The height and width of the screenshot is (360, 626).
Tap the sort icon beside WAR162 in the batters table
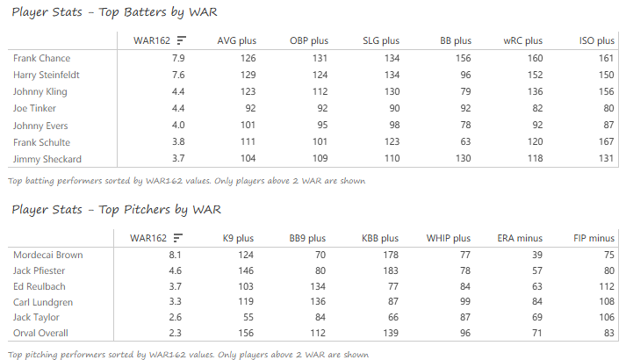pyautogui.click(x=181, y=40)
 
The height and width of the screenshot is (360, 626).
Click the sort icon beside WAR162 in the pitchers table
pyautogui.click(x=178, y=238)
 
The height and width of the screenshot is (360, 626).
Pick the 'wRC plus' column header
pyautogui.click(x=522, y=40)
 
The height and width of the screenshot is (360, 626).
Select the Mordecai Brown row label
pyautogui.click(x=48, y=255)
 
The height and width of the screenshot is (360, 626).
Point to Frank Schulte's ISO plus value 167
pyautogui.click(x=606, y=142)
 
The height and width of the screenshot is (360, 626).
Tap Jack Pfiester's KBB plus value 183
pyautogui.click(x=390, y=271)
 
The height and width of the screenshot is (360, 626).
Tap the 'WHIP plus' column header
pyautogui.click(x=448, y=238)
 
